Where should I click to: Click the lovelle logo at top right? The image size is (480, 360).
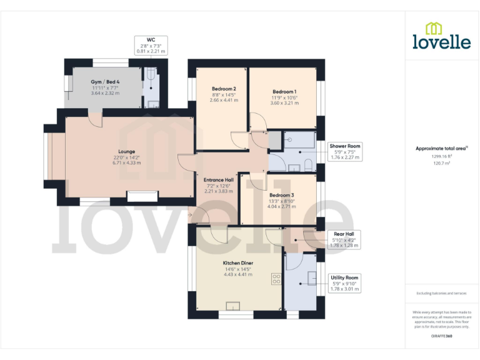pyautogui.click(x=441, y=36)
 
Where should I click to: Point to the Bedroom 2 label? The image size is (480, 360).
pyautogui.click(x=223, y=94)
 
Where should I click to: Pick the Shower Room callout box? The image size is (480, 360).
pyautogui.click(x=345, y=151)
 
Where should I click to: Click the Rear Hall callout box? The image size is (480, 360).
pyautogui.click(x=344, y=239)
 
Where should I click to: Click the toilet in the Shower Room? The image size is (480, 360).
pyautogui.click(x=307, y=164)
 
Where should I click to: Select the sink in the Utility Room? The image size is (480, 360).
pyautogui.click(x=312, y=279)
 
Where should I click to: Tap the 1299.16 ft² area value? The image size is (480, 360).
pyautogui.click(x=441, y=156)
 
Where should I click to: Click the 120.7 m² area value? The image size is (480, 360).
pyautogui.click(x=441, y=162)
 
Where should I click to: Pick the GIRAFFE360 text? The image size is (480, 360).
pyautogui.click(x=441, y=337)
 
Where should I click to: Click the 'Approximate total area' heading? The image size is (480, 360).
pyautogui.click(x=441, y=148)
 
